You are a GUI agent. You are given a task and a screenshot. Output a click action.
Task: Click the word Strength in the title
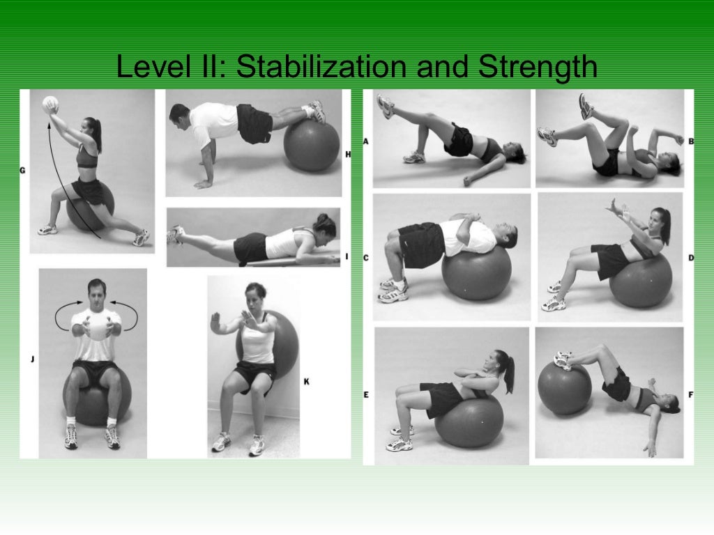(x=538, y=68)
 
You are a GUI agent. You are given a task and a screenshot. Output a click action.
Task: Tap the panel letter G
(x=23, y=169)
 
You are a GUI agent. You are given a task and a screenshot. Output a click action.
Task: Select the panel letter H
(x=347, y=154)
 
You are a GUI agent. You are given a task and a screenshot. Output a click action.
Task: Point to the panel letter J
(x=32, y=359)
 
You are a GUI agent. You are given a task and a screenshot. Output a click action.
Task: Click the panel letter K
(x=306, y=381)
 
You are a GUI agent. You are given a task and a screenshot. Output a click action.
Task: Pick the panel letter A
(x=365, y=141)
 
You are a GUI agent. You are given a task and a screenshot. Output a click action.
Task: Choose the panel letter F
(x=690, y=395)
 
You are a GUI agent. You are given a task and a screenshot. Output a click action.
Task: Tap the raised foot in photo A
(x=386, y=107)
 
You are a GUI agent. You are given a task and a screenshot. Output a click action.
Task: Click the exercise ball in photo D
(x=640, y=280)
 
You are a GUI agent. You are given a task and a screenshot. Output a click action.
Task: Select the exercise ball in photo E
(x=469, y=420)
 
